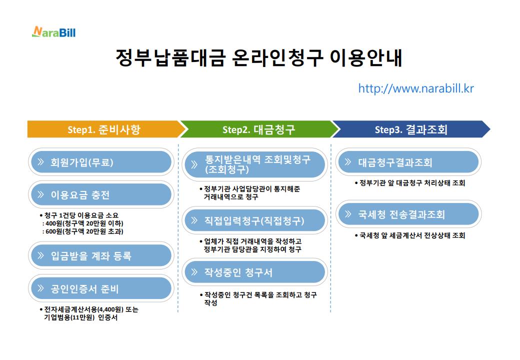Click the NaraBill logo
coord(53,32)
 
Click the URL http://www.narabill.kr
coord(415,88)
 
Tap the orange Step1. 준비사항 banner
coord(104,129)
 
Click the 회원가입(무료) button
coord(100,162)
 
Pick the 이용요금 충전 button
coord(100,194)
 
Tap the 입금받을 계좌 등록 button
coord(100,256)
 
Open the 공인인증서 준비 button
coord(100,288)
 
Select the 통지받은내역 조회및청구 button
coord(255,164)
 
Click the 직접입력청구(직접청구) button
coord(255,220)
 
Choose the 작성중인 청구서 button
coord(255,272)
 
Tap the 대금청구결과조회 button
coord(408,162)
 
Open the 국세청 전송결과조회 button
coord(408,214)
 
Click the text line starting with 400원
coord(83,223)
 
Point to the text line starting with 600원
coord(83,231)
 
